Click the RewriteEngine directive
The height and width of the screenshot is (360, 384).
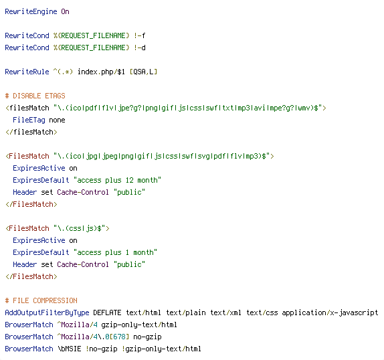click(x=31, y=12)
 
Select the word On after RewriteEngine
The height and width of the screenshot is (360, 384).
click(x=65, y=11)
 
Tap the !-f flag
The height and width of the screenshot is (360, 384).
click(x=140, y=35)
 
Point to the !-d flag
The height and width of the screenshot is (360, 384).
click(x=140, y=48)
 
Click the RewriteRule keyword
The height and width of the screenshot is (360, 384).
click(x=27, y=72)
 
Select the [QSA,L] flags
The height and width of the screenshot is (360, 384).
click(x=144, y=72)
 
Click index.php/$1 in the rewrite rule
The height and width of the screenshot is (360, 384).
click(x=101, y=72)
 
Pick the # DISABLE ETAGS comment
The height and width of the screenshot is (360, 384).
click(x=35, y=96)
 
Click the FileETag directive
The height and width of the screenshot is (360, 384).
click(x=29, y=120)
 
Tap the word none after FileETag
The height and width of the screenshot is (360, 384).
click(x=57, y=120)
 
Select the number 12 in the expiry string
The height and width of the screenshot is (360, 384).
click(x=130, y=180)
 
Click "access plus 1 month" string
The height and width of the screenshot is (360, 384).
click(x=115, y=252)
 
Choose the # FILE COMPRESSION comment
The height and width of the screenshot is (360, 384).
click(x=41, y=300)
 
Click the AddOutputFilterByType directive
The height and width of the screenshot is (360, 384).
click(x=47, y=312)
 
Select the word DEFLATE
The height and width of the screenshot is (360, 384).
click(x=107, y=312)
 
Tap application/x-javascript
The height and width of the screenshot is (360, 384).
click(x=330, y=312)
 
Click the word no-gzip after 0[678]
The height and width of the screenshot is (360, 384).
click(x=147, y=337)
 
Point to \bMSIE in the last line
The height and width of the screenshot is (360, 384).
click(x=70, y=349)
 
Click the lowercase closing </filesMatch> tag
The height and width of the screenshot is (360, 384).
click(x=31, y=132)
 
